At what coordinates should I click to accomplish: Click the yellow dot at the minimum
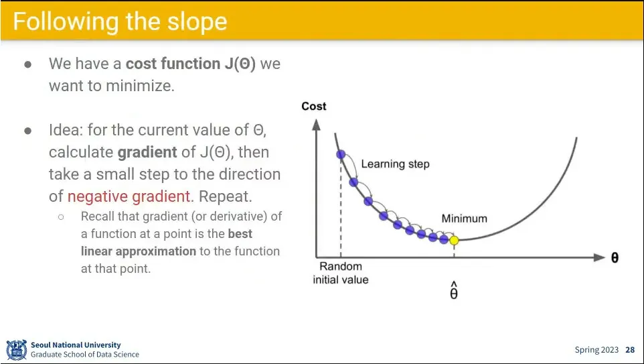click(x=454, y=240)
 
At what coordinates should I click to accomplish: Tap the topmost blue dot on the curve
click(x=341, y=154)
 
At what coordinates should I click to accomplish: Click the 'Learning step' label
click(x=395, y=164)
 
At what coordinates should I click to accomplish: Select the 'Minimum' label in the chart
click(x=464, y=219)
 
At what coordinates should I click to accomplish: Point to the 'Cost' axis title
click(x=314, y=106)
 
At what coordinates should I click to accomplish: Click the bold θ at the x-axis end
click(x=615, y=258)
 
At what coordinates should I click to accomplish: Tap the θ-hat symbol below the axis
click(x=454, y=291)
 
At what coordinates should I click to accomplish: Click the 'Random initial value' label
click(x=341, y=273)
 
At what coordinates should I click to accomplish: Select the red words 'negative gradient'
click(x=129, y=196)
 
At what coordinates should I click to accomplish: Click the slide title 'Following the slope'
click(x=120, y=21)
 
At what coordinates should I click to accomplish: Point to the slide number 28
click(x=630, y=350)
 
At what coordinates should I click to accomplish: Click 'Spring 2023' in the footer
click(x=596, y=350)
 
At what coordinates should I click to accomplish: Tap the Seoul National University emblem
click(x=17, y=350)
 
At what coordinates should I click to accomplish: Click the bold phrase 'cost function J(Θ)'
click(x=191, y=64)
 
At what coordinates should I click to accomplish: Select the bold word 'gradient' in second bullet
click(x=147, y=152)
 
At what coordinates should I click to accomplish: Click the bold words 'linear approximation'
click(x=139, y=251)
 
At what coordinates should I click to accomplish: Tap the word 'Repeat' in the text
click(x=222, y=196)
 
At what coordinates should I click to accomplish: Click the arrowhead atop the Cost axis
click(x=316, y=124)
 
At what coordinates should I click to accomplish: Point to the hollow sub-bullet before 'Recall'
click(x=61, y=217)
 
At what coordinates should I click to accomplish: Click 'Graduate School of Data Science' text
click(x=85, y=355)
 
